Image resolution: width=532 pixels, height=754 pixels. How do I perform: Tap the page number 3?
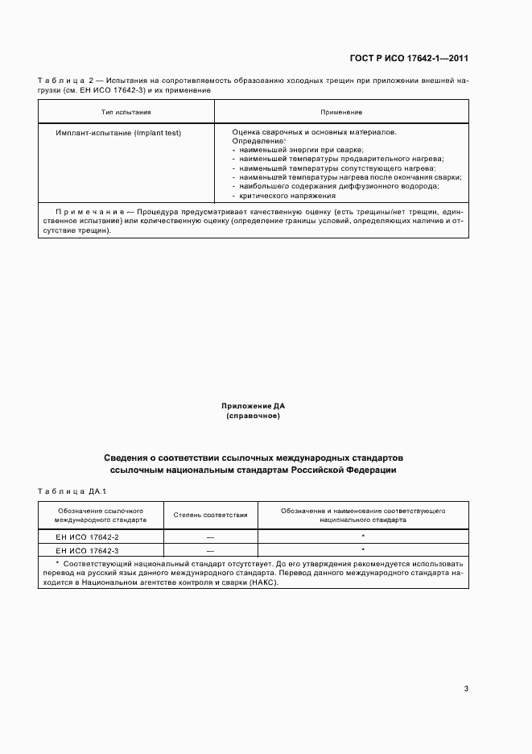tap(466, 688)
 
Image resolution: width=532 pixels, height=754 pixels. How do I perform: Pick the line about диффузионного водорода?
tap(339, 186)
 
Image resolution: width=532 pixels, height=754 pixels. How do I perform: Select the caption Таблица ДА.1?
tap(72, 491)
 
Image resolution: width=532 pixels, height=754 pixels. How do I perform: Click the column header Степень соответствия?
tap(210, 515)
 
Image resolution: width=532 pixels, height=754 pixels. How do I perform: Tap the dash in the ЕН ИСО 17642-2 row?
tap(210, 536)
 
